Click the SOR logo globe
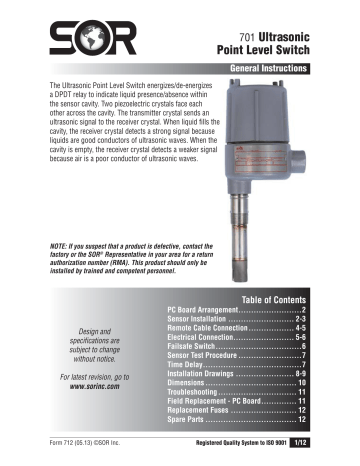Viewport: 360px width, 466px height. pyautogui.click(x=82, y=37)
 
